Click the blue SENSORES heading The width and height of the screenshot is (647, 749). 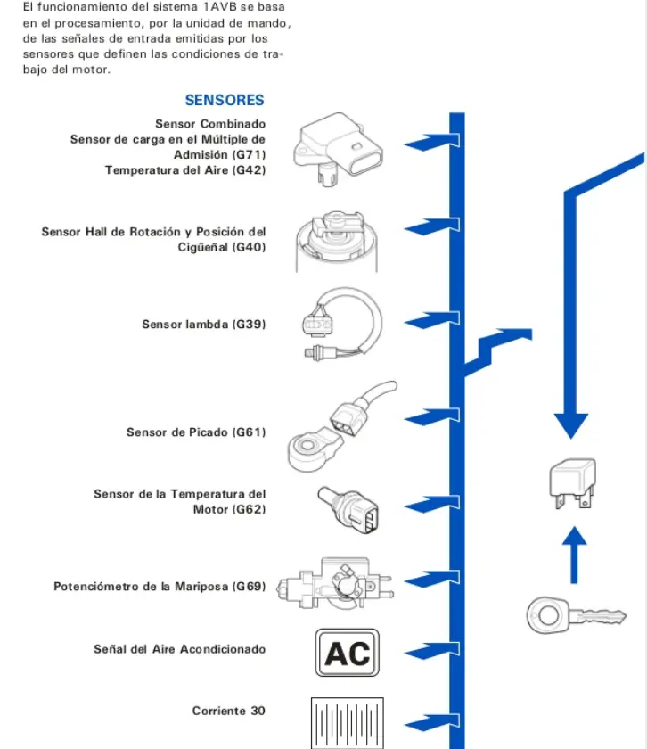[x=225, y=100]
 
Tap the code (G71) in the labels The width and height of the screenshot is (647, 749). [x=250, y=154]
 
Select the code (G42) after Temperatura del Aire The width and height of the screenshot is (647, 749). [x=250, y=170]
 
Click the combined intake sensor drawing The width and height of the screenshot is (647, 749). [x=338, y=149]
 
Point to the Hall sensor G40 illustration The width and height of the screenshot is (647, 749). [x=337, y=242]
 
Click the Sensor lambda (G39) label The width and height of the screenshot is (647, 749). [x=204, y=324]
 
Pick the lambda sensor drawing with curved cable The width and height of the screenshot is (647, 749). [x=342, y=324]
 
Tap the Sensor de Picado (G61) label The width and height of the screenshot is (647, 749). [x=196, y=432]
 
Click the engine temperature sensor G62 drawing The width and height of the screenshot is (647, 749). [x=348, y=510]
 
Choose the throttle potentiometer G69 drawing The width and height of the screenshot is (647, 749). [x=335, y=583]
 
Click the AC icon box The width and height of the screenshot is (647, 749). [x=348, y=653]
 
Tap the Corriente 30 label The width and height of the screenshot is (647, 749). [x=229, y=711]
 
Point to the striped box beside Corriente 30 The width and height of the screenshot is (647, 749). [x=348, y=723]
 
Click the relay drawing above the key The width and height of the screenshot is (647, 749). [x=573, y=483]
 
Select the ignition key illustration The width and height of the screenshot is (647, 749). [x=577, y=615]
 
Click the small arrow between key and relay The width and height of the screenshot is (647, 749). [x=574, y=555]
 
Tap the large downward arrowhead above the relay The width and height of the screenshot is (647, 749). [x=571, y=425]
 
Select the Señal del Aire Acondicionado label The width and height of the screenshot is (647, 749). [x=179, y=649]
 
